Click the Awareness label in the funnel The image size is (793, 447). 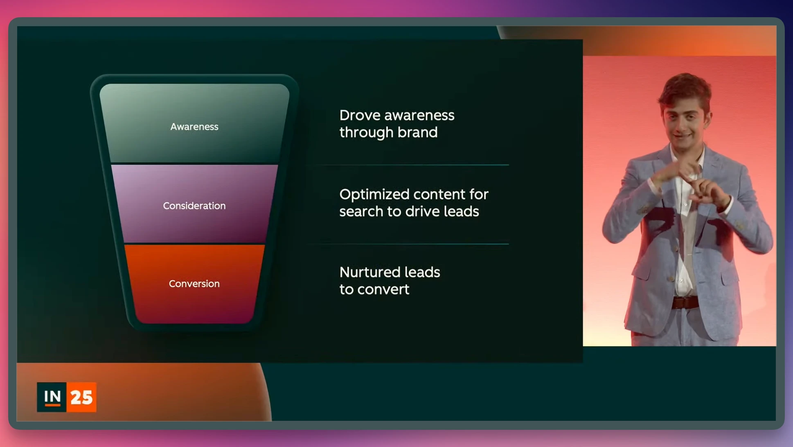194,127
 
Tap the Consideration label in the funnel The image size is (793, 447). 194,206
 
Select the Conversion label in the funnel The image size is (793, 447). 194,284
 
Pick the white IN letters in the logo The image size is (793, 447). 53,396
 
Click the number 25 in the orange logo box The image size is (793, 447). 81,397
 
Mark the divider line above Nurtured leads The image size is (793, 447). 409,244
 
